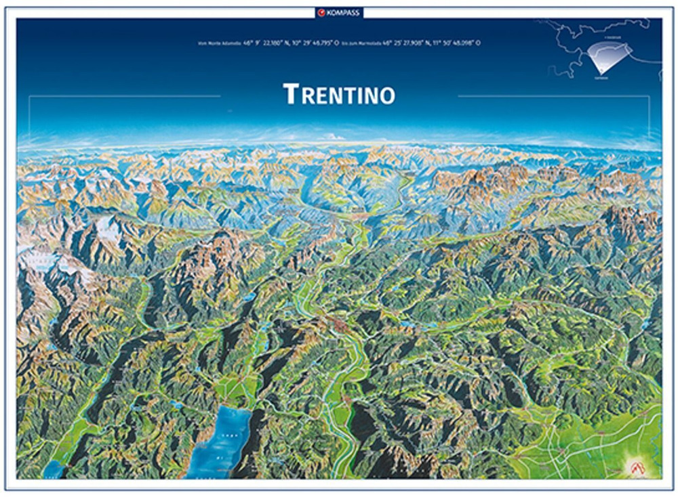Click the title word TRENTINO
click(x=339, y=94)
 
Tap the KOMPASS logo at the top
click(x=339, y=12)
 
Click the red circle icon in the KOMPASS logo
click(x=322, y=12)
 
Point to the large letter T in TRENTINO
click(x=290, y=94)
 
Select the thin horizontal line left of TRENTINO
click(x=125, y=96)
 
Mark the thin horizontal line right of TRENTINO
click(x=553, y=96)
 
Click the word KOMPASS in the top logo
click(x=344, y=12)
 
